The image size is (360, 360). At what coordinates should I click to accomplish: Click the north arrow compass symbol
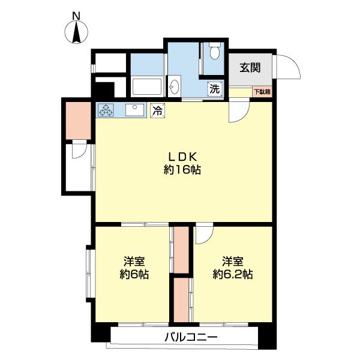pyautogui.click(x=76, y=32)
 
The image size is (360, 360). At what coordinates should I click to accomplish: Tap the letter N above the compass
pyautogui.click(x=76, y=16)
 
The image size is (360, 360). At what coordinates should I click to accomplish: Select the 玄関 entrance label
pyautogui.click(x=250, y=68)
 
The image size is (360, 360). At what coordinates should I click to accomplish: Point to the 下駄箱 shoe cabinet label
pyautogui.click(x=262, y=92)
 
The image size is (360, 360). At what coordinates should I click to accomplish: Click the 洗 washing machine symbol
pyautogui.click(x=215, y=89)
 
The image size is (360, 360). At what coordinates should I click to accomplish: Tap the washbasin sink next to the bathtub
pyautogui.click(x=175, y=86)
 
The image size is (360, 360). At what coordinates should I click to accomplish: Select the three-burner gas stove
pyautogui.click(x=106, y=110)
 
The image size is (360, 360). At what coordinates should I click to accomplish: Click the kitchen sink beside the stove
pyautogui.click(x=135, y=110)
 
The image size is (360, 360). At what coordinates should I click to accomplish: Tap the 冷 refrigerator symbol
pyautogui.click(x=157, y=111)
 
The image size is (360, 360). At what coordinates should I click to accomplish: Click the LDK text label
pyautogui.click(x=182, y=157)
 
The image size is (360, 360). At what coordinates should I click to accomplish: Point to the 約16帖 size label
pyautogui.click(x=182, y=170)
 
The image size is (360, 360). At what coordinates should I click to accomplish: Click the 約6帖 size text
pyautogui.click(x=134, y=274)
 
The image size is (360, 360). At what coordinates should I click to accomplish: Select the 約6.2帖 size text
pyautogui.click(x=233, y=274)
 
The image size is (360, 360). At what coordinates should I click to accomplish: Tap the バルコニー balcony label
pyautogui.click(x=191, y=337)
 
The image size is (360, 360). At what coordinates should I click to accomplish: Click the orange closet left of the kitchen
pyautogui.click(x=78, y=121)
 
